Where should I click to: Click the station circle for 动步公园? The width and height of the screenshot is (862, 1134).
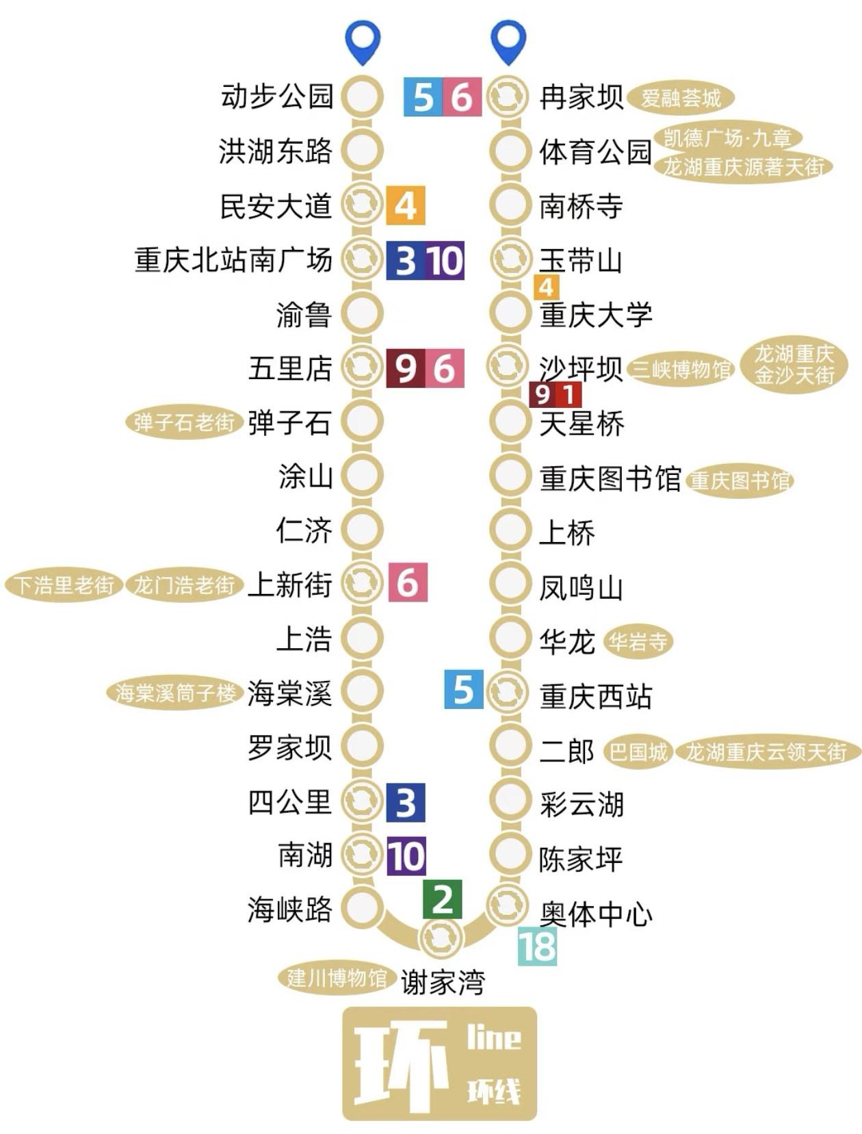coord(362,96)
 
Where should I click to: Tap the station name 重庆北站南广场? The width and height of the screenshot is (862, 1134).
coord(233,260)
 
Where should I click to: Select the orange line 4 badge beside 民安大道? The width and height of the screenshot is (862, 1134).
coord(405,205)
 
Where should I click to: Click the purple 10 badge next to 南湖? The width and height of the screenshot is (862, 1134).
coord(406,855)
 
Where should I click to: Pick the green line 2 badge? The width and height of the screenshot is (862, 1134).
coord(442,899)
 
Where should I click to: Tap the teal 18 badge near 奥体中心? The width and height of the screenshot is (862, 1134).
coord(537,946)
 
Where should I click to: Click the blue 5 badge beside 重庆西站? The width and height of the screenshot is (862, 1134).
coord(463,689)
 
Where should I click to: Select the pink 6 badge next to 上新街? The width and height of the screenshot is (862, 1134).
coord(408,582)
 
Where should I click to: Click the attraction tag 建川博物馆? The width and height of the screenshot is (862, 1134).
coord(336,978)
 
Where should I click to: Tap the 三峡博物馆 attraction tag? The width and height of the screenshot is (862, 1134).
coord(681,370)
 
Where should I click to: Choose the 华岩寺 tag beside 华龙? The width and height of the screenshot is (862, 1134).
coord(638,642)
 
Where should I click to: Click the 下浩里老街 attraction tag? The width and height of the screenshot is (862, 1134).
coord(64,585)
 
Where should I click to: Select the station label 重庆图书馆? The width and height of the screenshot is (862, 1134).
coord(610,479)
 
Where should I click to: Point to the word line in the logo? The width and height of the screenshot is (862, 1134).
coord(493,1039)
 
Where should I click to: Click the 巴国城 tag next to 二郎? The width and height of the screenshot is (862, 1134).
coord(638,752)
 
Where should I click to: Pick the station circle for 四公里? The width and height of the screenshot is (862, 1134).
coord(362,801)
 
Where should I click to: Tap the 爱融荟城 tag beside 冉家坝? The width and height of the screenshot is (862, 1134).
coord(680,98)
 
